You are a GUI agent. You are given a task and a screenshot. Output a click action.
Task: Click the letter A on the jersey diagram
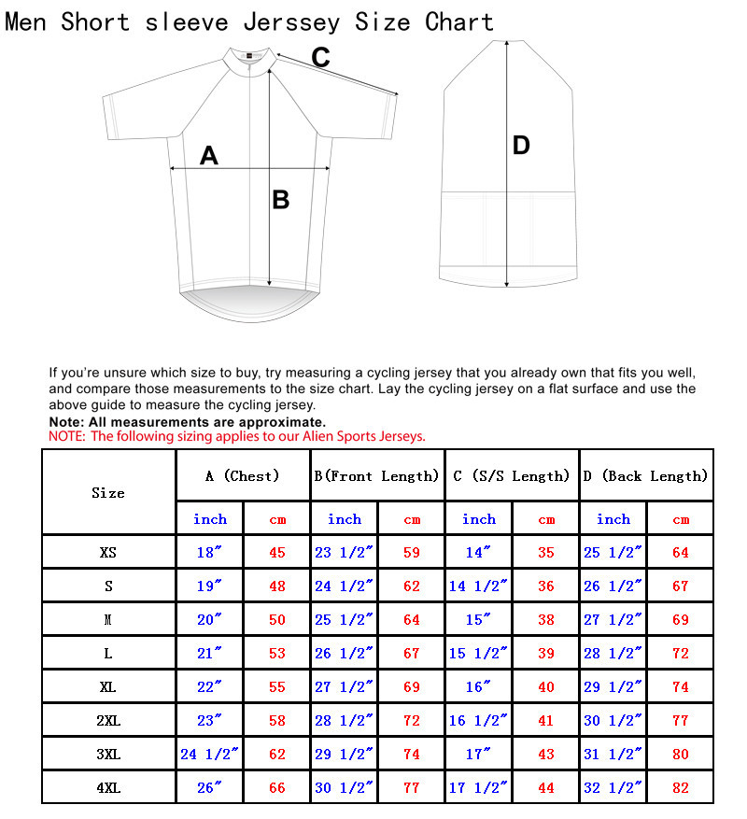(x=209, y=155)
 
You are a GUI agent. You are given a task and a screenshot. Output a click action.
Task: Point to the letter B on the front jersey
(x=280, y=199)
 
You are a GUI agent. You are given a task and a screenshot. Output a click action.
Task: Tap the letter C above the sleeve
(x=320, y=58)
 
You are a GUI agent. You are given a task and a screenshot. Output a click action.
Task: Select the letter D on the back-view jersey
(x=521, y=145)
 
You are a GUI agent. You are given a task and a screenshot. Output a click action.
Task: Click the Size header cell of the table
(x=108, y=492)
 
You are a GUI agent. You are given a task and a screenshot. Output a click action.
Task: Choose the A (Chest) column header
(x=243, y=476)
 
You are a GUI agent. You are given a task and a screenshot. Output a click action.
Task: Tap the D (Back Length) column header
(x=646, y=476)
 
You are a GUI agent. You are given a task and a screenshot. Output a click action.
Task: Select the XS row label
(x=108, y=552)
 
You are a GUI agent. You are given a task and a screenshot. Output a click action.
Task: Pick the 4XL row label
(x=108, y=787)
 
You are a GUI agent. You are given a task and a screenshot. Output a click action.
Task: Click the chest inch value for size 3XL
(x=210, y=754)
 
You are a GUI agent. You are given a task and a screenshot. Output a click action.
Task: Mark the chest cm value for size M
(x=277, y=619)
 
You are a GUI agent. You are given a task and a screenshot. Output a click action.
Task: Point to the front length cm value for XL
(x=412, y=686)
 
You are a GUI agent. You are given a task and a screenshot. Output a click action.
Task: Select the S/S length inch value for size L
(x=478, y=653)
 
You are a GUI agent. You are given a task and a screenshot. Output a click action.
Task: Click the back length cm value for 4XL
(x=681, y=787)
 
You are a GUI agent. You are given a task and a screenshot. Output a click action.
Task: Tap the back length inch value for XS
(x=613, y=552)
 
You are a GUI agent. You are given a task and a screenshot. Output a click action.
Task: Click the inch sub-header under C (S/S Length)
(x=479, y=518)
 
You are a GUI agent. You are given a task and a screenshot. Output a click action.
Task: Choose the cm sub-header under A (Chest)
(x=277, y=519)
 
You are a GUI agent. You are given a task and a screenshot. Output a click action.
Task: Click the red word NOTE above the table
(x=65, y=436)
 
